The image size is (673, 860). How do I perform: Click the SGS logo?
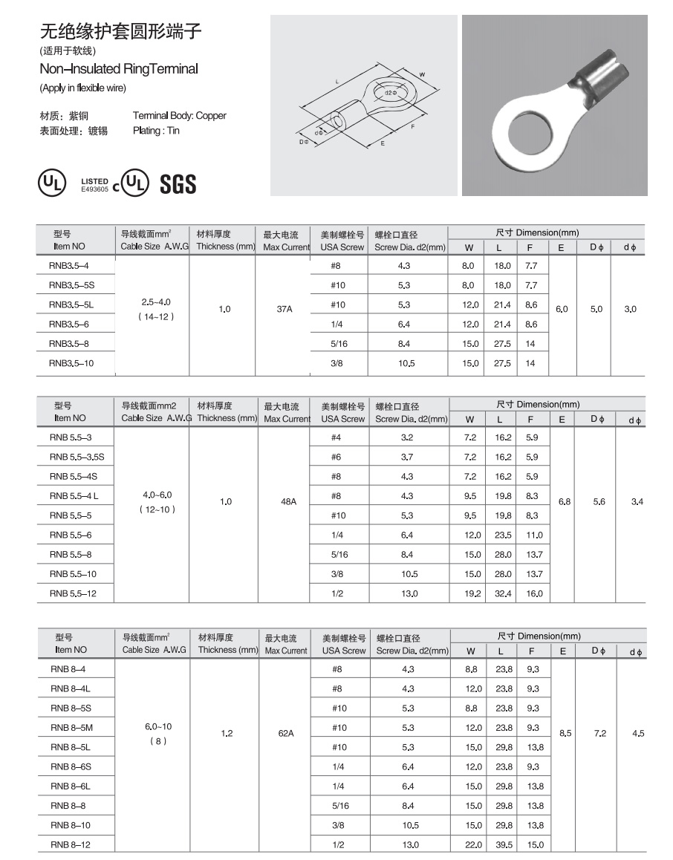[178, 183]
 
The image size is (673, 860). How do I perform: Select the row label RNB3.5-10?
[71, 363]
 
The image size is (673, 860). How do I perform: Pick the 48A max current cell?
[288, 502]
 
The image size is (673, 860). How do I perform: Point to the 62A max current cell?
[286, 734]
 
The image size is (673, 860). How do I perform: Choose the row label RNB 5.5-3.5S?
[77, 457]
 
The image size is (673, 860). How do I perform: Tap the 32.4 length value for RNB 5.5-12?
[504, 594]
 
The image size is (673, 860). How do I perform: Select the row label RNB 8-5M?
[71, 728]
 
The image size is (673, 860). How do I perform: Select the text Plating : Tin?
[156, 131]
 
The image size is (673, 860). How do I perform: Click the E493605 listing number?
[95, 189]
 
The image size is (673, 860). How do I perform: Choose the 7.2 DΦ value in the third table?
[600, 734]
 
